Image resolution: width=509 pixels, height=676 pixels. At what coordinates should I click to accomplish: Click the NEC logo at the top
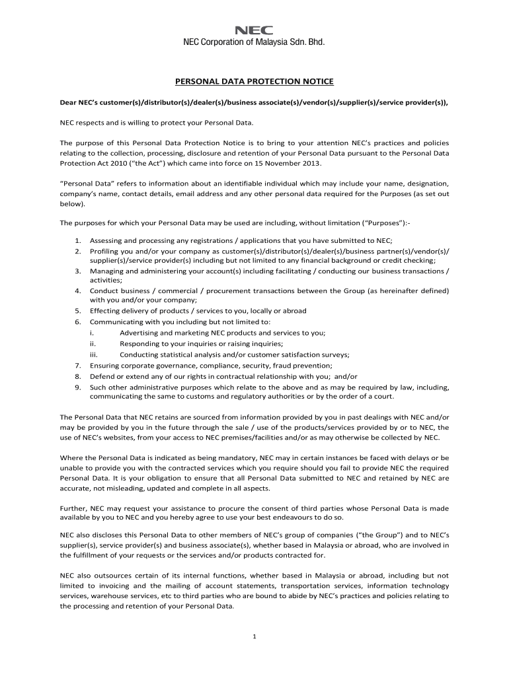pos(255,30)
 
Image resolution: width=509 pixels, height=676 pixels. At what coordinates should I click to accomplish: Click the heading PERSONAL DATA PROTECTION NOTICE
pos(255,81)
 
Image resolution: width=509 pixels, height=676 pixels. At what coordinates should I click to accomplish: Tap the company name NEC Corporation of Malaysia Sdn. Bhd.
pos(255,43)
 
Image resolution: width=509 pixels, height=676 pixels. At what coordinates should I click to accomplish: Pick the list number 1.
pos(77,240)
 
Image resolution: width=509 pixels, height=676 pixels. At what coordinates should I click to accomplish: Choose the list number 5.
pos(77,310)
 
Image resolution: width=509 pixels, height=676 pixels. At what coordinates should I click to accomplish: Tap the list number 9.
pos(77,387)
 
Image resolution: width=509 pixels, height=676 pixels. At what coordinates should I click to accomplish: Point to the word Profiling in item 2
pos(104,252)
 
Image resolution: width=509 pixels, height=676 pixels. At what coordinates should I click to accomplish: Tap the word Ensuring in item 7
pos(104,365)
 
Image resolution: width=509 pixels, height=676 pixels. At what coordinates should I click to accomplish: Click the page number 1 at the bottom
pos(255,636)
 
